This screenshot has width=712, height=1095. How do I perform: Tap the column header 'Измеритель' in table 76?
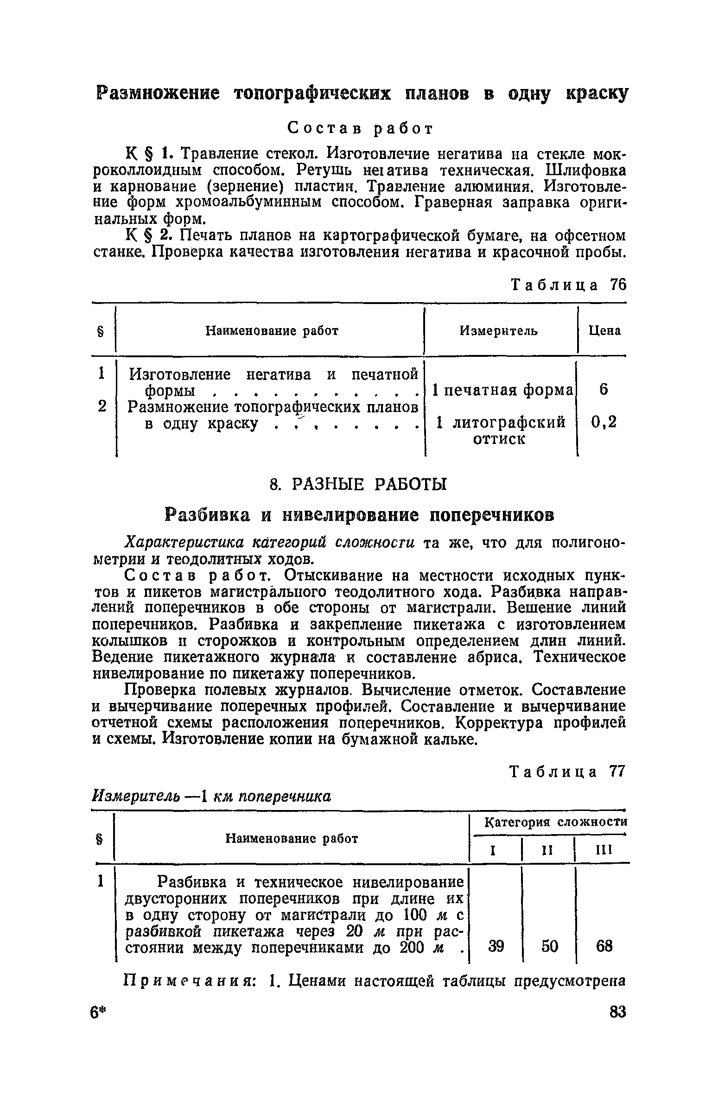click(499, 330)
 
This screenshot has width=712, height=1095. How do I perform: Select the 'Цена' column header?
click(604, 330)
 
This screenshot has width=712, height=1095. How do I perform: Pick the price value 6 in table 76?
click(603, 390)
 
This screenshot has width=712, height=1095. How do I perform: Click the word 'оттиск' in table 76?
click(499, 439)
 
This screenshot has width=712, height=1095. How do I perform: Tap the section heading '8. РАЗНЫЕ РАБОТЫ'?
click(358, 484)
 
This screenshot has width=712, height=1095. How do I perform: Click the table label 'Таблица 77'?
click(567, 772)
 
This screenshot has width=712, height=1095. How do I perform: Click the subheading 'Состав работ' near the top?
click(360, 128)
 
